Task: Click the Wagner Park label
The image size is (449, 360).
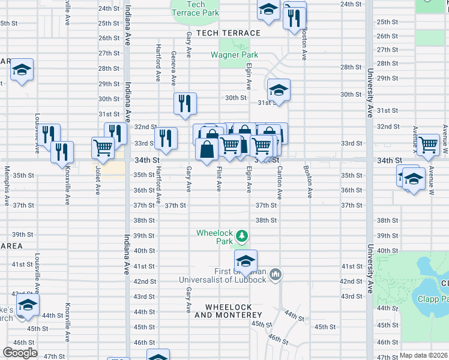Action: coord(234,55)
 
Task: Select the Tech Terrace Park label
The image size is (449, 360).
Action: coord(195,8)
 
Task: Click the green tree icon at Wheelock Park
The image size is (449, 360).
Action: coord(241,236)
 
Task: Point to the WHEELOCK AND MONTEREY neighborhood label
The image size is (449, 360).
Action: coord(228,311)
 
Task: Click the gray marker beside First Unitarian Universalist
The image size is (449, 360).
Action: coord(276,275)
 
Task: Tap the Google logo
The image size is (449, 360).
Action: coord(20,352)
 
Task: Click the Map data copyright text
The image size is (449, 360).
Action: coord(423,355)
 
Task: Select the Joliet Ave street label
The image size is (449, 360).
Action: coord(98,181)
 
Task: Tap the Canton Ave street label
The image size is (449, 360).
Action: coord(279,184)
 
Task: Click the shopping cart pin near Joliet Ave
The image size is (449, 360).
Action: coord(103,147)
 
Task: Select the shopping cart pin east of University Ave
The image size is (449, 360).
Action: coord(429,145)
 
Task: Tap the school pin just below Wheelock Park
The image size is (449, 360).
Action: coord(246,261)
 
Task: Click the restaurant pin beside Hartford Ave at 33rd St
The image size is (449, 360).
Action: coord(166,138)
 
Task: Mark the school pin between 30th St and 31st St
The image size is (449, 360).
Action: coord(279,90)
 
